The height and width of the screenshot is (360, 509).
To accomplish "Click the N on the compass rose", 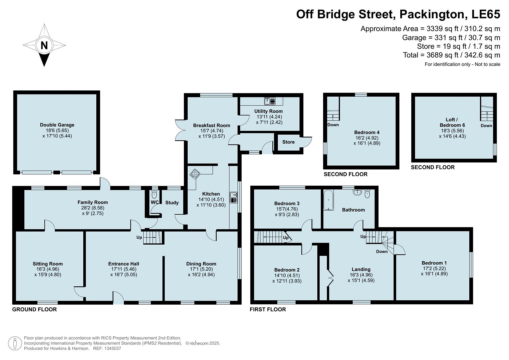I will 44,45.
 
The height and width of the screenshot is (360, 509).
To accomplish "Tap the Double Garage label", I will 57,125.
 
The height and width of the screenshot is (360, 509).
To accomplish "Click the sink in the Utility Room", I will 269,101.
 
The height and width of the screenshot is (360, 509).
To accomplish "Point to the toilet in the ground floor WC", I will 154,194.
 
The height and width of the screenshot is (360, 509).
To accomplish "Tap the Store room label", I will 288,142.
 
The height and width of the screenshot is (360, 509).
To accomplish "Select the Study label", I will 172,202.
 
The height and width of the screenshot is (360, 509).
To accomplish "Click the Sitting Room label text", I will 48,264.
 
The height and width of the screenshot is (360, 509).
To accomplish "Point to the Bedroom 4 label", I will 367,132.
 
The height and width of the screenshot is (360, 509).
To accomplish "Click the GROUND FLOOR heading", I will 34,309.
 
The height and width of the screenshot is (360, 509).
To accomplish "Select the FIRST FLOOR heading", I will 268,309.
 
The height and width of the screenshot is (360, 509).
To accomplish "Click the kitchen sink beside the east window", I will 233,197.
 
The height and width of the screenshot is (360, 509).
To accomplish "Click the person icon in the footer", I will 15,343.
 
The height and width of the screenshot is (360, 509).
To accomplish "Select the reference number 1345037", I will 113,348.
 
